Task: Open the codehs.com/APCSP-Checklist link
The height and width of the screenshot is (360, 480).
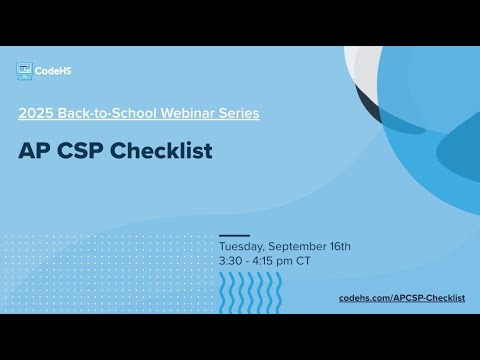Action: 402,298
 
